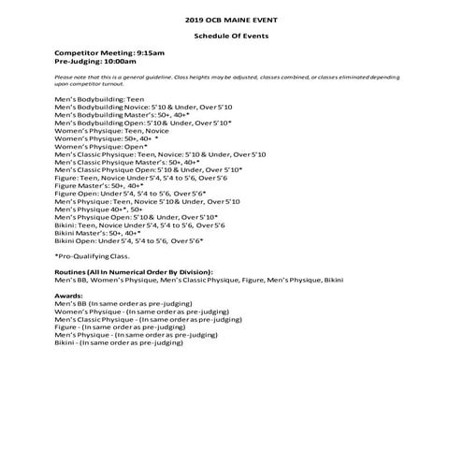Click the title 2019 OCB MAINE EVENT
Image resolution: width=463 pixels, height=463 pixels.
[x=231, y=19]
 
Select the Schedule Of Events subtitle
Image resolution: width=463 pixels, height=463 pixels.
[x=231, y=36]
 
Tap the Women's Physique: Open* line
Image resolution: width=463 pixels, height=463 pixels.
[x=101, y=147]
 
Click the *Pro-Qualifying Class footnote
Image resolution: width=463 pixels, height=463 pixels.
[x=93, y=255]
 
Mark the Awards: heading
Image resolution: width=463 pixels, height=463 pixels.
[x=71, y=295]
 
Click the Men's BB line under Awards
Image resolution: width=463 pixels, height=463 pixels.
[x=123, y=303]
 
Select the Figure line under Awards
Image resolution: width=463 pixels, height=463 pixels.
[x=120, y=326]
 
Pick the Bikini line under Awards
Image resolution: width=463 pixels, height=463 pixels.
[x=119, y=342]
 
